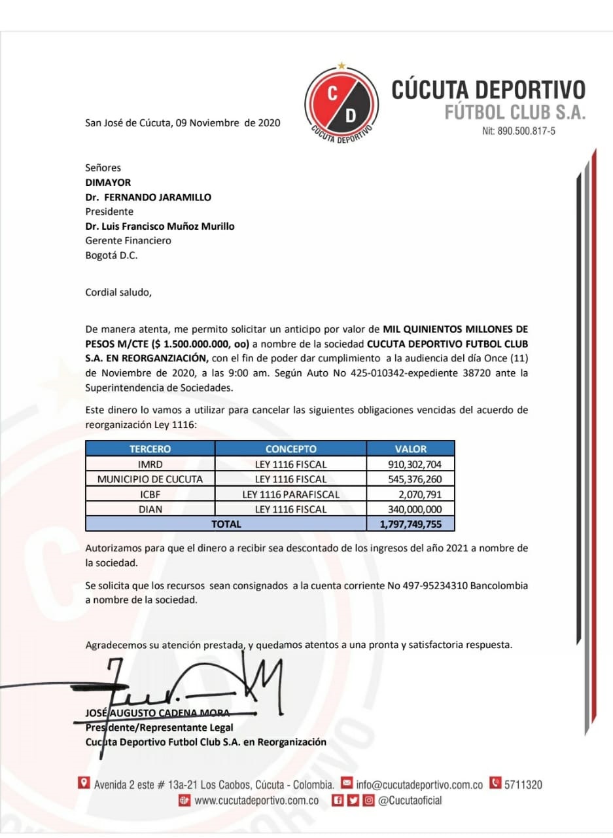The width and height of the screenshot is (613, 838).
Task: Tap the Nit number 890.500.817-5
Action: tap(518, 131)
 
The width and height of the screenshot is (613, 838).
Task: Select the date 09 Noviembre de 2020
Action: tap(228, 122)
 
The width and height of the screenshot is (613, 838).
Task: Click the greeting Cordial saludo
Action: tap(118, 292)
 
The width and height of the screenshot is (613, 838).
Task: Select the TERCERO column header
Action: tap(150, 449)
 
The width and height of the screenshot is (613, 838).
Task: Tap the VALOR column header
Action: tap(410, 449)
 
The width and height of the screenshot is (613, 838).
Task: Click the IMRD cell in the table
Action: tap(150, 464)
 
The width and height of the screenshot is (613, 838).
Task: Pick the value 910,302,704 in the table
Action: tap(415, 464)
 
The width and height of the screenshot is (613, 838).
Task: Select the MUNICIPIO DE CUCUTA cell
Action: tap(150, 479)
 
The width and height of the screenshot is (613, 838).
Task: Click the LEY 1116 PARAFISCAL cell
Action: tap(290, 494)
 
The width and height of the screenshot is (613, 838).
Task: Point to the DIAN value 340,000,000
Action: tap(415, 509)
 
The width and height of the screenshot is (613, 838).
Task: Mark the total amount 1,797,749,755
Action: tap(410, 524)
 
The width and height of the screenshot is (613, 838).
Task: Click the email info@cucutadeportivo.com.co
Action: tap(419, 784)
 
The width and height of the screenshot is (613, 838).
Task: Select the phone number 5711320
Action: tap(523, 784)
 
